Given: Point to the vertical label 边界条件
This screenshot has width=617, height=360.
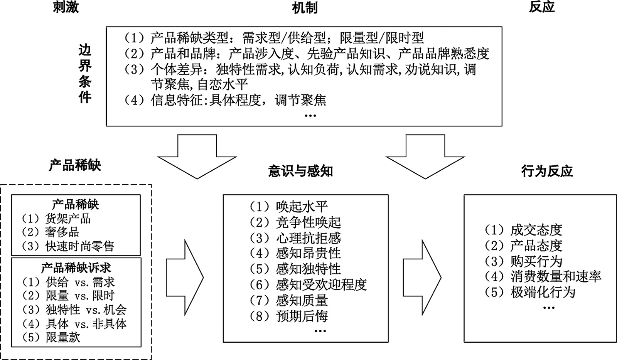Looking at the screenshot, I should [x=85, y=74].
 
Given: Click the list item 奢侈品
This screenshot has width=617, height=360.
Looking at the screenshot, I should [x=62, y=232].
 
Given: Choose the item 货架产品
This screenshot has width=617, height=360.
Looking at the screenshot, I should [x=68, y=219].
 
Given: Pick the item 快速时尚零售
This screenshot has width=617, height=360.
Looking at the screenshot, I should [x=79, y=246].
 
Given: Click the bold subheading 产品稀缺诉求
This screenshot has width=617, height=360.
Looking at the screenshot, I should [x=76, y=268].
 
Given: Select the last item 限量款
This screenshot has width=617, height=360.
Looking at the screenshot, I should [x=62, y=337].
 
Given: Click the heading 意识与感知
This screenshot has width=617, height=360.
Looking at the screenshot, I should [x=300, y=172].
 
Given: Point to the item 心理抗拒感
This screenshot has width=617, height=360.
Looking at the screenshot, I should [x=308, y=238].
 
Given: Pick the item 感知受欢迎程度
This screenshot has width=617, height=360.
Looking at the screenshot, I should [x=321, y=285].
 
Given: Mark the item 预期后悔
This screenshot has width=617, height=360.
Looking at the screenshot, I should [x=302, y=316].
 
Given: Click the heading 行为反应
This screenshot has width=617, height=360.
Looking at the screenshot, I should [x=546, y=172].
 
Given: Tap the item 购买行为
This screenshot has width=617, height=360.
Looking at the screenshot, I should [x=536, y=261].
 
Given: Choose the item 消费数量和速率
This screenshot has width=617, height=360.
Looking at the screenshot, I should [x=556, y=276].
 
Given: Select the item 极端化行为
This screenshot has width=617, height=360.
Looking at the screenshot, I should [x=543, y=292].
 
